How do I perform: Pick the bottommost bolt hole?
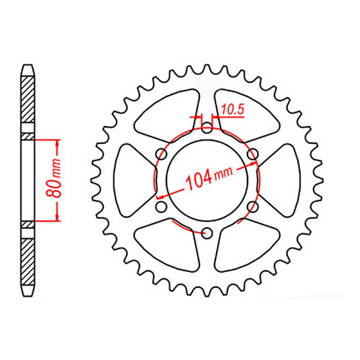(x=207, y=232)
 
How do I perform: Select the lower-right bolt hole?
(x=251, y=206)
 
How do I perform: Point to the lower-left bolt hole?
(x=161, y=206)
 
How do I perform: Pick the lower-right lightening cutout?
(x=245, y=246)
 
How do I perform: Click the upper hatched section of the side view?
(x=27, y=101)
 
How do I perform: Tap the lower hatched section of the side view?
(x=27, y=259)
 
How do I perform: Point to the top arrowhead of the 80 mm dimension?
(x=55, y=140)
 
